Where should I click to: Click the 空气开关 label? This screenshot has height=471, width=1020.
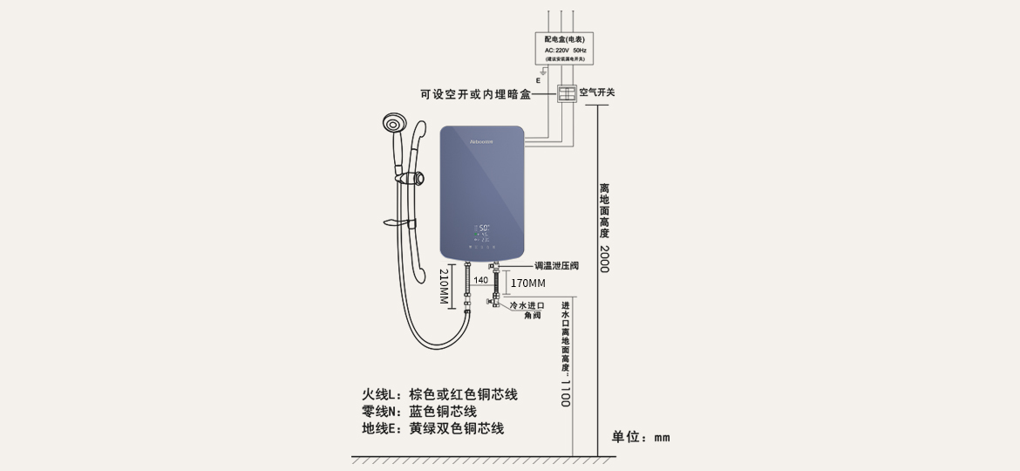597,92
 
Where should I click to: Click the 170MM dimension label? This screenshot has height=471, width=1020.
527,283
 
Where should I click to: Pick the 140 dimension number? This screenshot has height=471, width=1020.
480,280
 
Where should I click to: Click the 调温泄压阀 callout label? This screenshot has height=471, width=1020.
556,264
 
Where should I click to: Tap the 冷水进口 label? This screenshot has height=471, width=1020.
527,305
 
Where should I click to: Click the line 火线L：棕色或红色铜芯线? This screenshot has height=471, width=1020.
439,394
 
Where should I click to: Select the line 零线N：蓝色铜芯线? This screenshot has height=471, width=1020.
419,412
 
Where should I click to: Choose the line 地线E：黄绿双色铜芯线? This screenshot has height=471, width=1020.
432,428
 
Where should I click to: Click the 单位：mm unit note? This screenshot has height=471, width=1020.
641,437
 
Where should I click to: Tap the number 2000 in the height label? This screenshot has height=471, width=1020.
604,259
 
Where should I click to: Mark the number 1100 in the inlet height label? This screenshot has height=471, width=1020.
565,393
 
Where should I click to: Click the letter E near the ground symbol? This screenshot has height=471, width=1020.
538,80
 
